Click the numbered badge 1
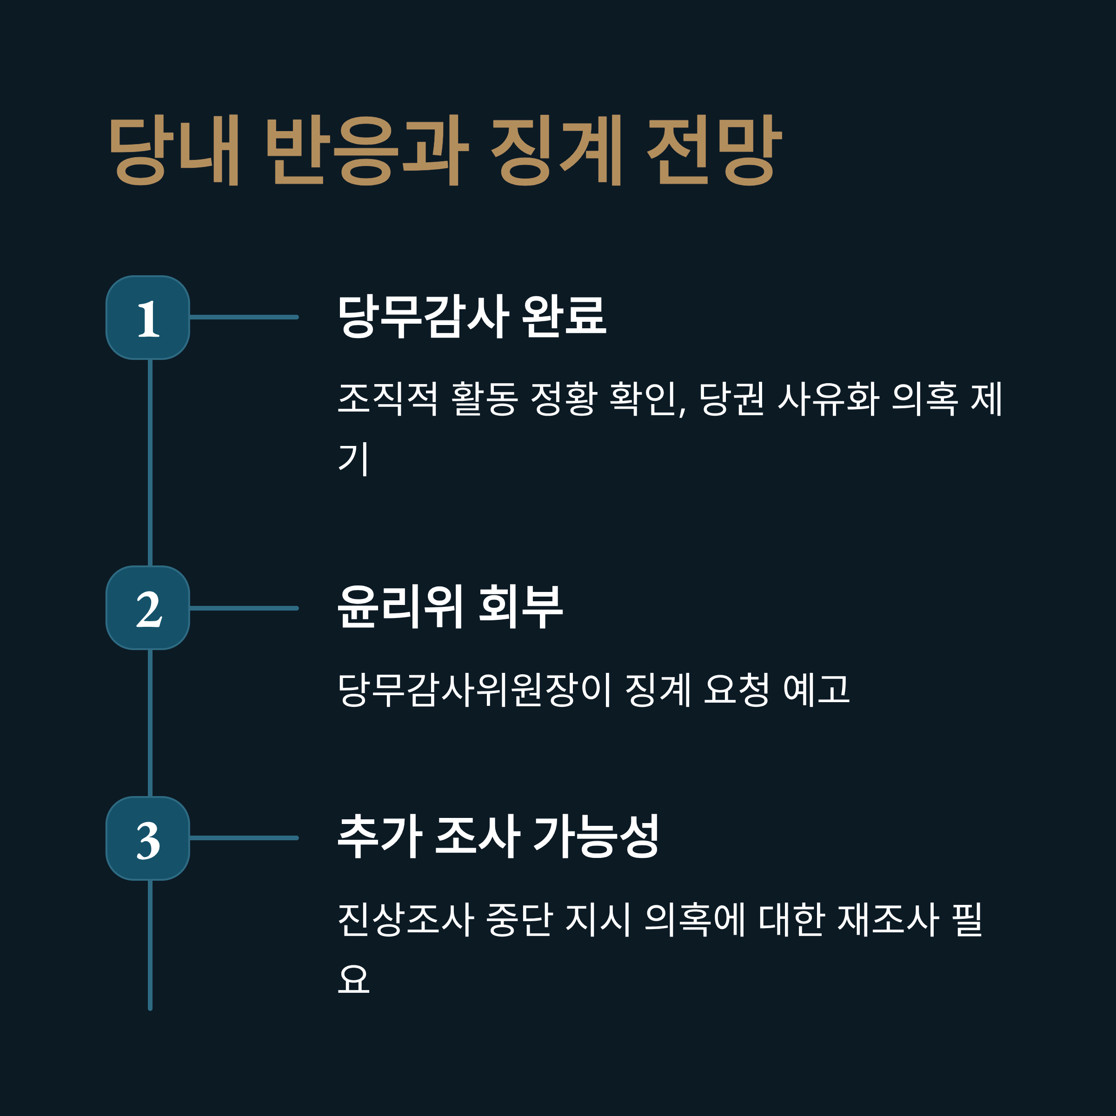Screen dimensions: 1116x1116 [148, 318]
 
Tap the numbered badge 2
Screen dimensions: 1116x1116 [148, 608]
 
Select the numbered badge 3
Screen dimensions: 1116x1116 [148, 838]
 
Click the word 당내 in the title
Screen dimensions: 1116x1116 [174, 150]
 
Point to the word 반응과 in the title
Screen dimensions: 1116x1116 [367, 150]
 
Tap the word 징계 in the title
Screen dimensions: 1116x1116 [556, 150]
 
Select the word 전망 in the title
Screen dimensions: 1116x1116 [715, 150]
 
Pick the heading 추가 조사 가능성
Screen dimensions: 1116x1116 [498, 836]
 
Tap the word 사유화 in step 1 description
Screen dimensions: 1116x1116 [828, 399]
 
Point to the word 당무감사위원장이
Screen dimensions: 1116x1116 [474, 689]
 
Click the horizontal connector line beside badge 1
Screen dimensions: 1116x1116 [244, 317]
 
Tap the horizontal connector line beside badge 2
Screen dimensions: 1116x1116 [244, 608]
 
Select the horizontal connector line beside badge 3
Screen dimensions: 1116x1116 [244, 838]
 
